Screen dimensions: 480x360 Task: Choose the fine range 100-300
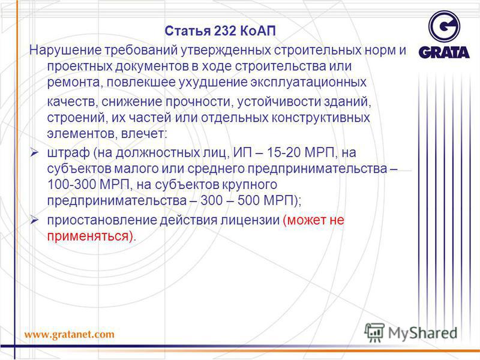click(72, 185)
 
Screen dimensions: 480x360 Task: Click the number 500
click(248, 200)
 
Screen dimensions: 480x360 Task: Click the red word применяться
click(88, 236)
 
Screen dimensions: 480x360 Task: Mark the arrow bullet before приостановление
click(34, 220)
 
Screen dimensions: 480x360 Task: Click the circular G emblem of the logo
click(444, 26)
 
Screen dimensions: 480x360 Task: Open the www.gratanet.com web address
click(69, 334)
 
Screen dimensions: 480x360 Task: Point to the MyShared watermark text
click(422, 333)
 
